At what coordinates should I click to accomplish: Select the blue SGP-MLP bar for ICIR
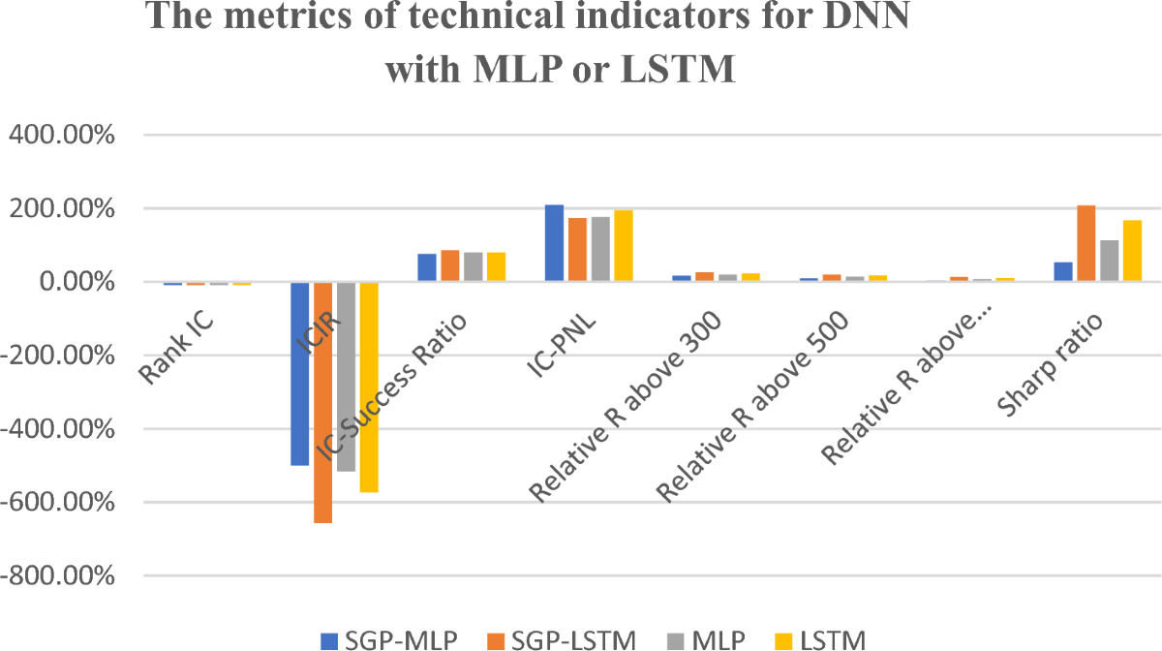tap(299, 373)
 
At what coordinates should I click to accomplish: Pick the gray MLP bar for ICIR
tap(346, 377)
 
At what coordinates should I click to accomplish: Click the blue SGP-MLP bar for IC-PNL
tap(554, 243)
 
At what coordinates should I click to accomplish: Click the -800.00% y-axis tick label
tap(60, 576)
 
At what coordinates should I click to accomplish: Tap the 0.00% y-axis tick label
tap(75, 282)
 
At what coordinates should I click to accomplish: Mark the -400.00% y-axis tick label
tap(60, 429)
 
